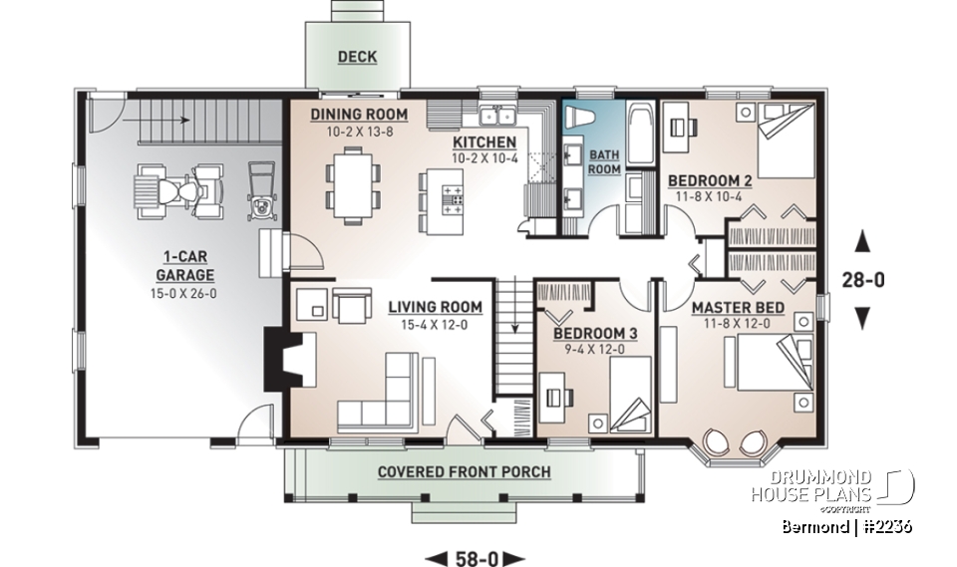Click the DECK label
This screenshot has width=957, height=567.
[356, 57]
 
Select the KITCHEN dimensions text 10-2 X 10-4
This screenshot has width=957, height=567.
[483, 158]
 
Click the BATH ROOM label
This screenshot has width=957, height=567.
[603, 162]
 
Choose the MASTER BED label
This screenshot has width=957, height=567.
[738, 307]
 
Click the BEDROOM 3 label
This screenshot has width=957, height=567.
[586, 332]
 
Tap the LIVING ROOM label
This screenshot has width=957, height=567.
[435, 307]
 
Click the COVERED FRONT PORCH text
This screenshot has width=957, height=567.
[464, 470]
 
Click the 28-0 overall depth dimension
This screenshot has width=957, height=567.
[863, 280]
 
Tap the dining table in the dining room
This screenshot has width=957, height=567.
[351, 184]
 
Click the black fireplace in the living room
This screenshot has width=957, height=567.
[274, 362]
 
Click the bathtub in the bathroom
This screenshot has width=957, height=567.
[639, 133]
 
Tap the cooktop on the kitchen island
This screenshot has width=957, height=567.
[454, 195]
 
